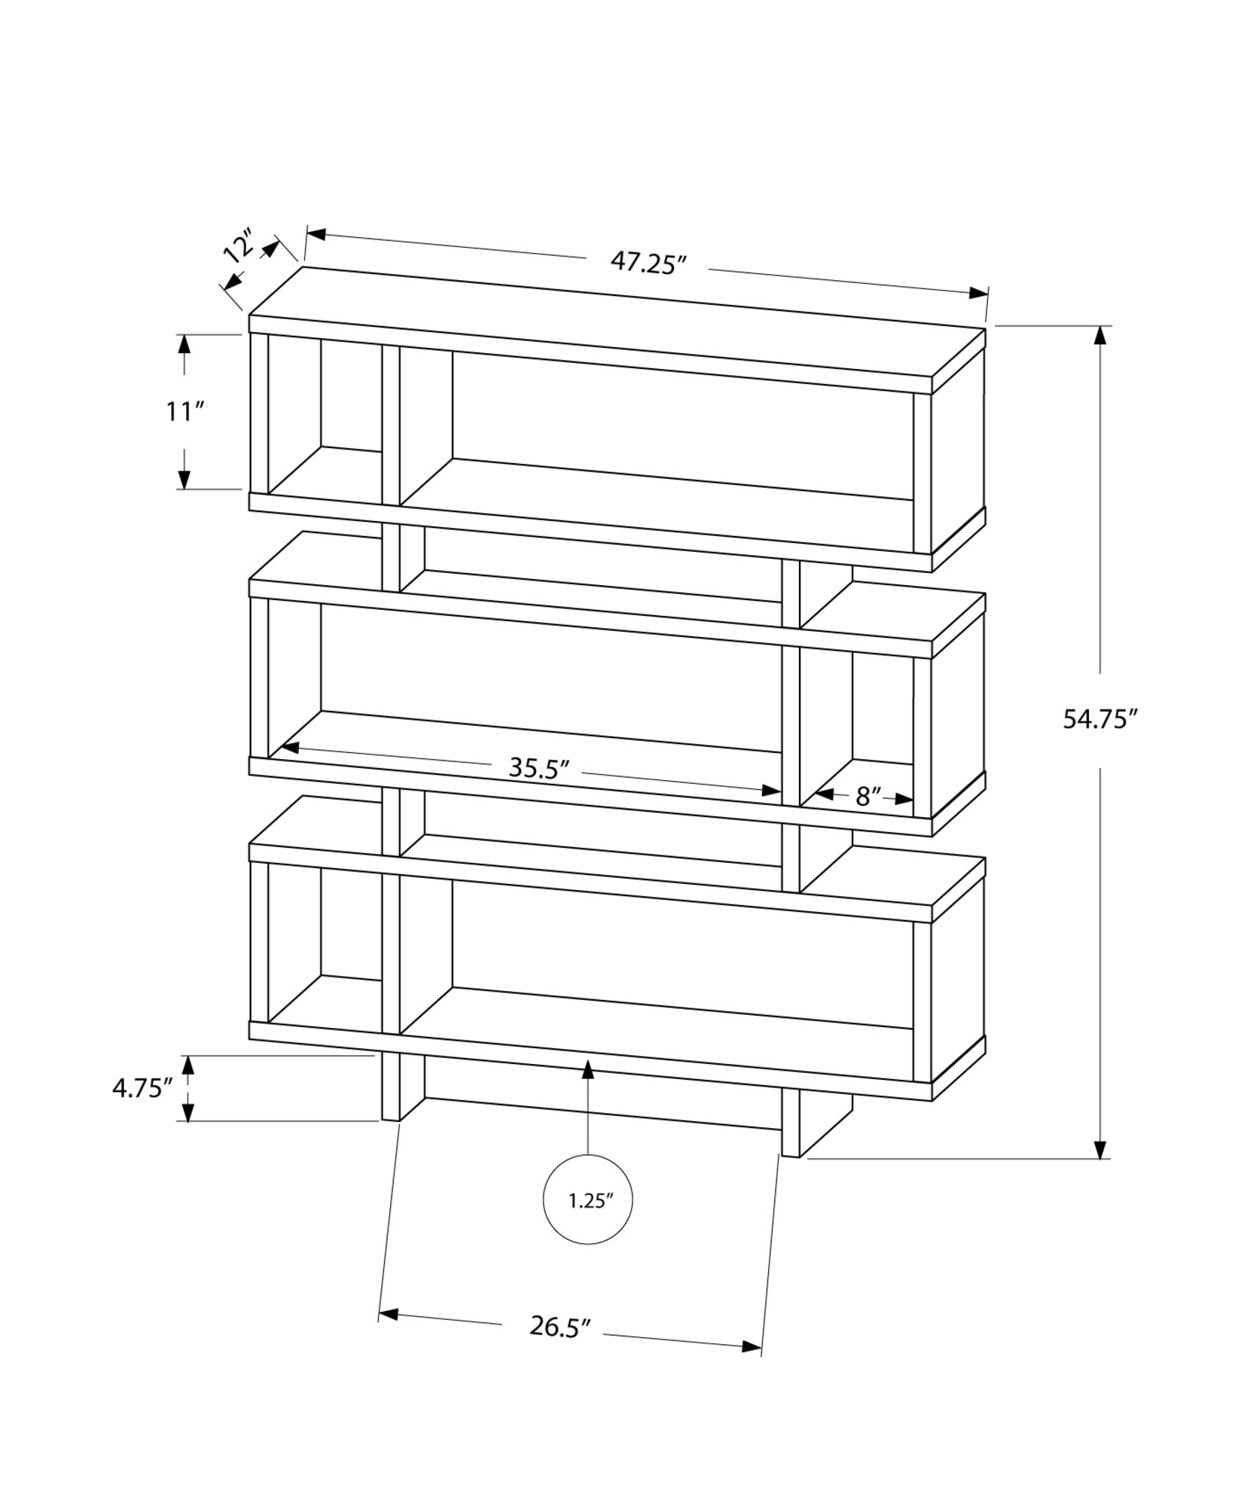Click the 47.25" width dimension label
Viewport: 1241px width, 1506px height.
(648, 263)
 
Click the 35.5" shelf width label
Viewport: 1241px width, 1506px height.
(538, 768)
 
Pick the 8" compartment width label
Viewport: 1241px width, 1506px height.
(868, 797)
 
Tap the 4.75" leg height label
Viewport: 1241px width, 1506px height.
(143, 1088)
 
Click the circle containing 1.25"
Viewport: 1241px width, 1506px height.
(587, 1221)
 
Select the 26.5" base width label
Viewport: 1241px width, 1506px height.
(557, 1327)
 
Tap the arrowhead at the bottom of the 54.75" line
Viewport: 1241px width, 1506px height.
(1101, 1169)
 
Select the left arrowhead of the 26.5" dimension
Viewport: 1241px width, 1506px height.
(388, 1315)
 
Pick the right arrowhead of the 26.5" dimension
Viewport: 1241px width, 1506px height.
(752, 1347)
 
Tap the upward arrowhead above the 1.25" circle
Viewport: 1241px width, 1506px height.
(587, 1068)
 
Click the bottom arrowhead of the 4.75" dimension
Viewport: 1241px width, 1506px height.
(188, 1111)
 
